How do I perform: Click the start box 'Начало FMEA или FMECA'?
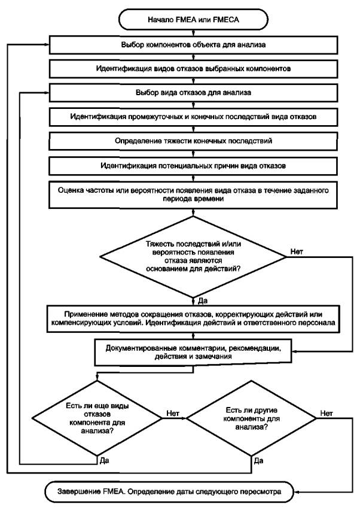pyautogui.click(x=193, y=19)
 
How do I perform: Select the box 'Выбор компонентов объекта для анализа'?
pyautogui.click(x=193, y=45)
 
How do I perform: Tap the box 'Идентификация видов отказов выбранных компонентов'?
pyautogui.click(x=193, y=69)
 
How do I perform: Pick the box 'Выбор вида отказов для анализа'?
pyautogui.click(x=193, y=93)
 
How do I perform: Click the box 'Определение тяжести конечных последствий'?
pyautogui.click(x=193, y=141)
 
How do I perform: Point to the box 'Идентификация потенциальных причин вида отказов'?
pyautogui.click(x=193, y=166)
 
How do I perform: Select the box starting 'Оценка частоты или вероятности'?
pyautogui.click(x=193, y=195)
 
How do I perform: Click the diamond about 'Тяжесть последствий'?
pyautogui.click(x=193, y=257)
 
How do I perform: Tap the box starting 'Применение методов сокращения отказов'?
pyautogui.click(x=193, y=319)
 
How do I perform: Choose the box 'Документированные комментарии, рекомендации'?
pyautogui.click(x=193, y=353)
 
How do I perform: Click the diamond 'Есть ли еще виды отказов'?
pyautogui.click(x=97, y=418)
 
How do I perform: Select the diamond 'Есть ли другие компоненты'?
pyautogui.click(x=251, y=418)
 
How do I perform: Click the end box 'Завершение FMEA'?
pyautogui.click(x=169, y=492)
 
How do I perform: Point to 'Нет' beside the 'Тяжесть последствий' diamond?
pyautogui.click(x=297, y=251)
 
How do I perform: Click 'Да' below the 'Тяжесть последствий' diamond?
pyautogui.click(x=202, y=301)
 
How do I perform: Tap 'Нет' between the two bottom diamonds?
pyautogui.click(x=173, y=413)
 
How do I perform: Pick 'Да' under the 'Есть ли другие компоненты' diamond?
pyautogui.click(x=258, y=461)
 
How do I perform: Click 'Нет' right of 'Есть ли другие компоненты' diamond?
pyautogui.click(x=327, y=413)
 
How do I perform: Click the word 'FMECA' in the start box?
pyautogui.click(x=226, y=20)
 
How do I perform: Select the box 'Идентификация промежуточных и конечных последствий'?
pyautogui.click(x=193, y=117)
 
